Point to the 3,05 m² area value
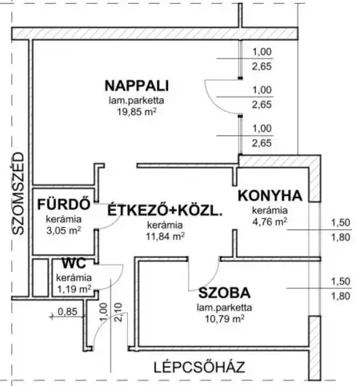click(x=62, y=232)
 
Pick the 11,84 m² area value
click(x=165, y=237)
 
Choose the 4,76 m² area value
click(x=268, y=221)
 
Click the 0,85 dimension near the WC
click(x=69, y=312)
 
